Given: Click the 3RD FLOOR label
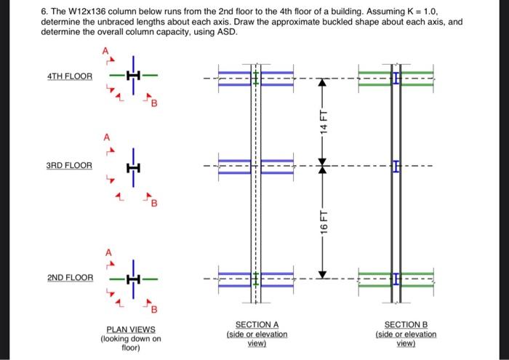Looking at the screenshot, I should tap(70, 166).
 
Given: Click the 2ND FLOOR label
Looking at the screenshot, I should tap(70, 279).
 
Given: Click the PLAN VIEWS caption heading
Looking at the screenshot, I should tap(131, 329).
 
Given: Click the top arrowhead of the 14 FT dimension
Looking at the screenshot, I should tap(324, 81).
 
